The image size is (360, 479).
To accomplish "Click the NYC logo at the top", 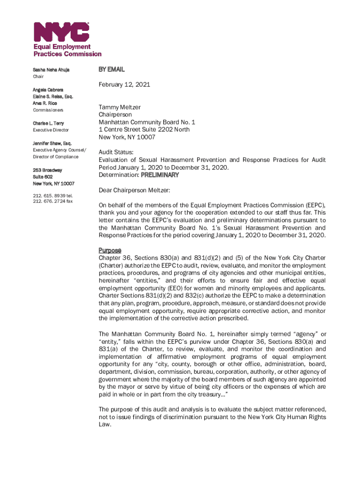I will tap(61, 32).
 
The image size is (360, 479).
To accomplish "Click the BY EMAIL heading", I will tap(111, 69).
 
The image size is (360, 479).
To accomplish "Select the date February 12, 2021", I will tap(124, 85).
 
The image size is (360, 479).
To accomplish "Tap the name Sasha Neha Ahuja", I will tap(51, 70).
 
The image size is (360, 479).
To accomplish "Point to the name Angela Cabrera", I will tap(48, 89).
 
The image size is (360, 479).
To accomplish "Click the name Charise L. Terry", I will tap(49, 123).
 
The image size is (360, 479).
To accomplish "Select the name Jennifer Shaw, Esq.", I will tap(52, 143).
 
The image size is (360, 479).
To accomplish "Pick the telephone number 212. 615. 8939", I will tap(49, 196).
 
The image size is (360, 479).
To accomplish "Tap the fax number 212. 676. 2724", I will tap(49, 201).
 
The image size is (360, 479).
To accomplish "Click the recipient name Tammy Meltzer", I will tap(119, 107).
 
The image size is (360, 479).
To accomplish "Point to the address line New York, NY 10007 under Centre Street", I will tap(127, 137).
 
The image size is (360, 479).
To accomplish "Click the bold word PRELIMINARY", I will tap(160, 175).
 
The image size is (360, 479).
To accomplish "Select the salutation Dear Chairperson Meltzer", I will tap(134, 190).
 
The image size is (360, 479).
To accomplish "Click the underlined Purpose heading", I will tap(110, 250).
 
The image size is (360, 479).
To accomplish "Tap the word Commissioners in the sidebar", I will tap(49, 110).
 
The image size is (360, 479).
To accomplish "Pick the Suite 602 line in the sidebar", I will tap(43, 177).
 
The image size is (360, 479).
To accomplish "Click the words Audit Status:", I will tap(116, 152).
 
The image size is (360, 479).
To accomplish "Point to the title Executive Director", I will tap(50, 130).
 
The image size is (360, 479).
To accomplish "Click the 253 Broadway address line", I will tap(47, 170).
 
